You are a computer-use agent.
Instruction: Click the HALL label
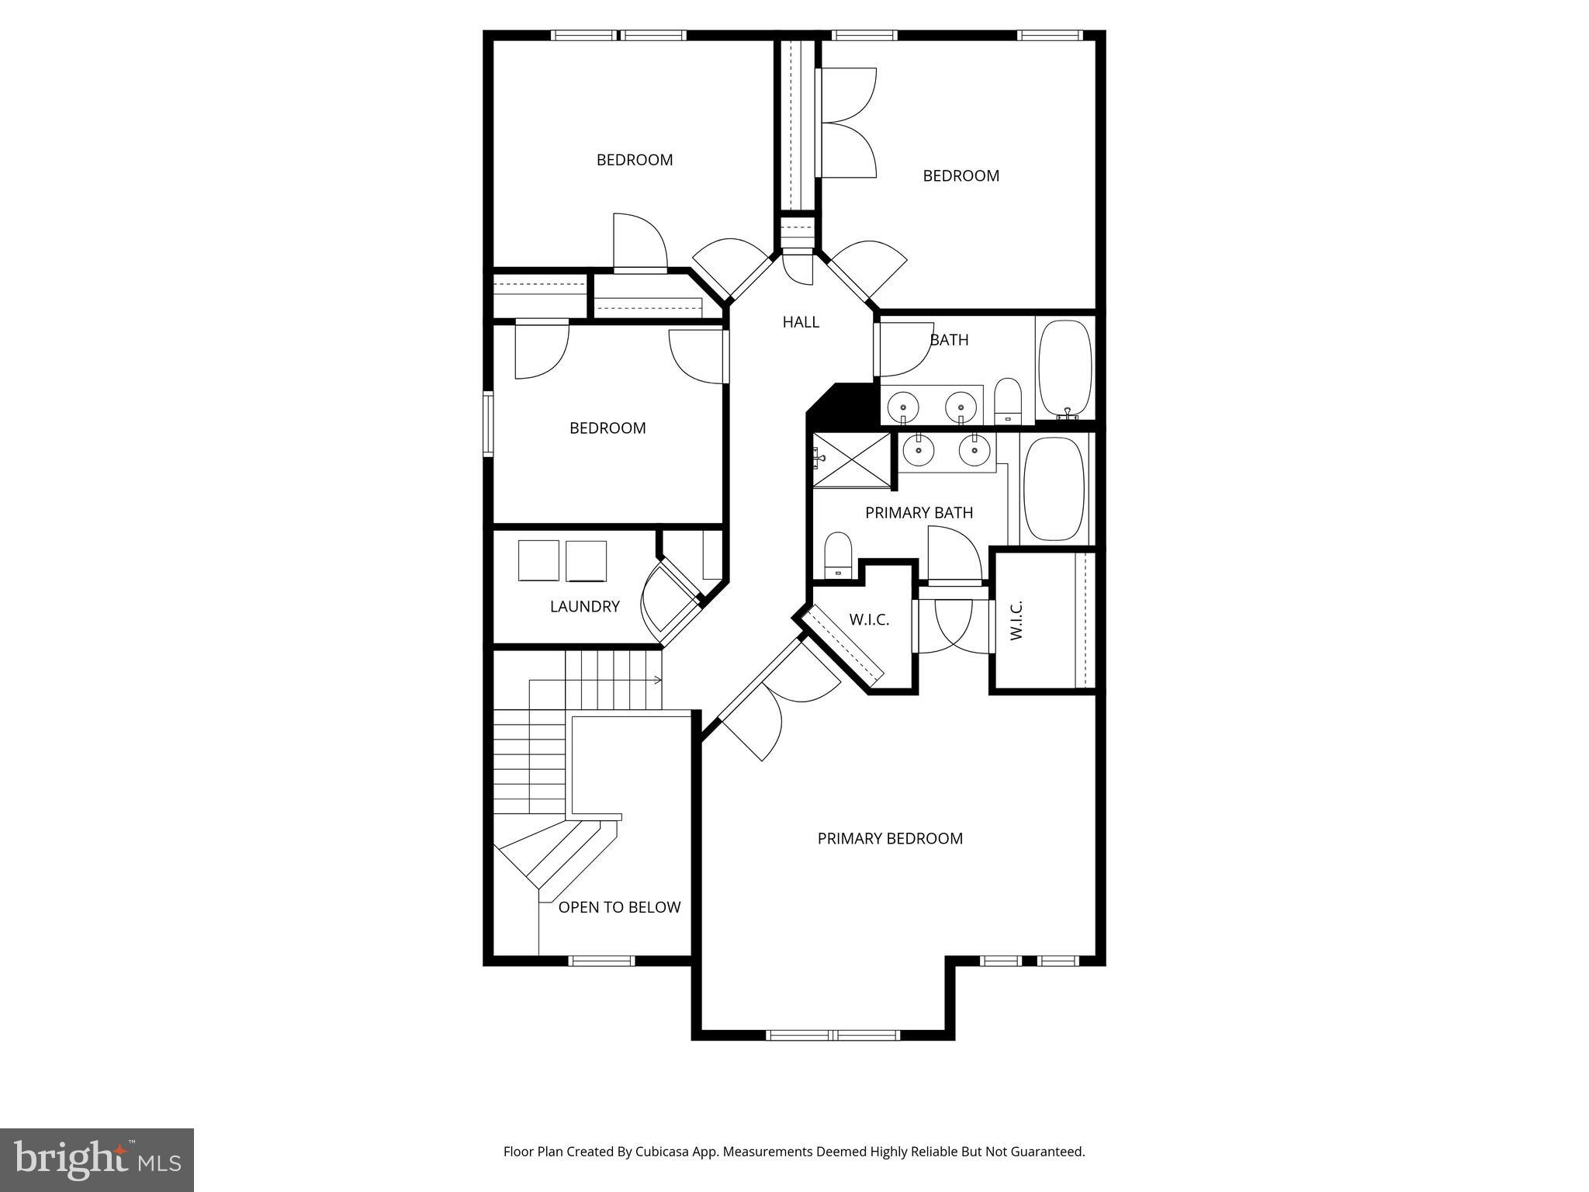(x=801, y=322)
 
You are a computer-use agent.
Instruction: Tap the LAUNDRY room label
(x=584, y=607)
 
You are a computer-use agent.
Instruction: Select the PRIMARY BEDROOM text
(x=890, y=838)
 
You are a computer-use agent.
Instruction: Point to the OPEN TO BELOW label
(x=619, y=907)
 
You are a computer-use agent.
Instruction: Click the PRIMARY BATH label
(x=919, y=513)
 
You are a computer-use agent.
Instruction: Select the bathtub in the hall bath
(x=1065, y=369)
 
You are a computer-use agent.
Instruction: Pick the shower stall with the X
(x=851, y=460)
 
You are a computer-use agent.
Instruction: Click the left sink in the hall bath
(x=904, y=406)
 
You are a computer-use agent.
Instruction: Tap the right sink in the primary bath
(x=975, y=449)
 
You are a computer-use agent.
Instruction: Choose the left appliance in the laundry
(x=538, y=560)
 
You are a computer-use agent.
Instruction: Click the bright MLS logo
(x=97, y=1159)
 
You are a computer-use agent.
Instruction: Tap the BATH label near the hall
(x=949, y=340)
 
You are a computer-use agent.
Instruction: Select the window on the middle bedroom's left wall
(x=488, y=424)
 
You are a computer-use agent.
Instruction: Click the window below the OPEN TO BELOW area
(x=601, y=961)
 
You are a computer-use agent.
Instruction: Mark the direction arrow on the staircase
(x=657, y=681)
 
